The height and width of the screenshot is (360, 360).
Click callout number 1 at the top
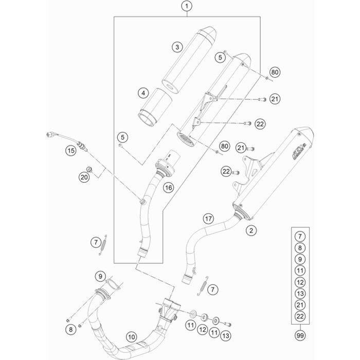tap(187, 6)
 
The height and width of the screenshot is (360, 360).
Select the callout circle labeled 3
tap(177, 47)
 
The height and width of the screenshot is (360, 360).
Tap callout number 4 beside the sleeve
tap(143, 93)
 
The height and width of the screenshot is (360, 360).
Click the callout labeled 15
tap(71, 151)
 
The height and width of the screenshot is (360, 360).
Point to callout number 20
tap(84, 177)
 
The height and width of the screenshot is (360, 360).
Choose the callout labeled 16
tap(168, 188)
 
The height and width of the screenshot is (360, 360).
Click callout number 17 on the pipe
tap(208, 219)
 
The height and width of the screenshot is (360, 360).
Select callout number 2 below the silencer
tap(251, 230)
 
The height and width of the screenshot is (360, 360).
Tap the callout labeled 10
tap(131, 337)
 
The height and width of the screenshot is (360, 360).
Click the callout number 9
tap(100, 276)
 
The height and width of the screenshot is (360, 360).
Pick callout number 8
tap(70, 330)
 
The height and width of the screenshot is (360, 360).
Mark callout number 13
tap(226, 336)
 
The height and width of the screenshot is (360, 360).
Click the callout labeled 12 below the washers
tap(203, 330)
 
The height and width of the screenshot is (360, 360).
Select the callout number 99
tap(300, 336)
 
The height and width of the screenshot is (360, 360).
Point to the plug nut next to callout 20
tap(89, 169)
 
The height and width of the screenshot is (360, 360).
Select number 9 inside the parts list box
tap(300, 259)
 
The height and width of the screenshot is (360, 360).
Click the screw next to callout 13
tap(227, 324)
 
